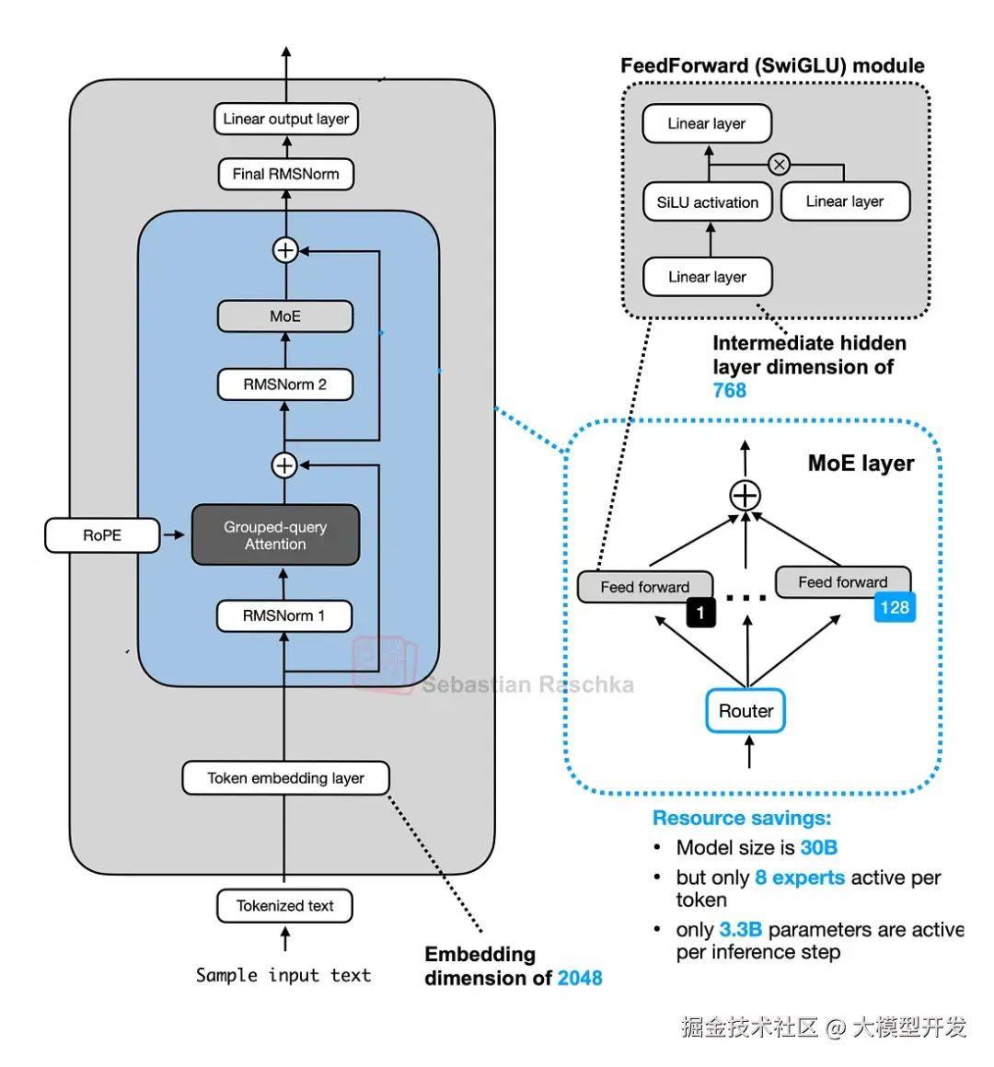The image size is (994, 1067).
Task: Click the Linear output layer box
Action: click(x=285, y=119)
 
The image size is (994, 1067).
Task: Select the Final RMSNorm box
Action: click(x=285, y=174)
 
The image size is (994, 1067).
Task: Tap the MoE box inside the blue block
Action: click(x=285, y=316)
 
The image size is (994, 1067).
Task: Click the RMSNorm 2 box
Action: click(x=285, y=384)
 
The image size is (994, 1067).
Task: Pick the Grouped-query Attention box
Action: click(x=275, y=535)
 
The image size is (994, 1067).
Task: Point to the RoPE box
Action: click(x=102, y=535)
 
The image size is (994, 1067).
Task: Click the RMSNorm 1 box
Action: click(x=284, y=615)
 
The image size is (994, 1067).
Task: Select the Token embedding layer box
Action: click(x=285, y=778)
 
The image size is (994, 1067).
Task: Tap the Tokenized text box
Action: click(x=284, y=906)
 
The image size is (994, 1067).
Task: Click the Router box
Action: click(x=745, y=711)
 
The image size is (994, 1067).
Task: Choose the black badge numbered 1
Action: click(x=700, y=613)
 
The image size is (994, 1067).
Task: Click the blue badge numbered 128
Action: click(x=895, y=607)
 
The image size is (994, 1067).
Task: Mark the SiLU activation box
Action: click(x=707, y=202)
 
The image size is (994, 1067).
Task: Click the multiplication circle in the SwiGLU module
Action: click(x=780, y=165)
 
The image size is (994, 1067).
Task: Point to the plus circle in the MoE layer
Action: click(x=745, y=497)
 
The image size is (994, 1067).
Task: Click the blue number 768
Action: click(x=730, y=391)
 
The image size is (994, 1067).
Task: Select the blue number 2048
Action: click(x=580, y=979)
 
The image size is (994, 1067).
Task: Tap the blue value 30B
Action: click(x=818, y=848)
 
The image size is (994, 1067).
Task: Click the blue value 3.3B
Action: click(x=741, y=930)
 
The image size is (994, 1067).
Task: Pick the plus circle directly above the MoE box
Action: click(x=285, y=250)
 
